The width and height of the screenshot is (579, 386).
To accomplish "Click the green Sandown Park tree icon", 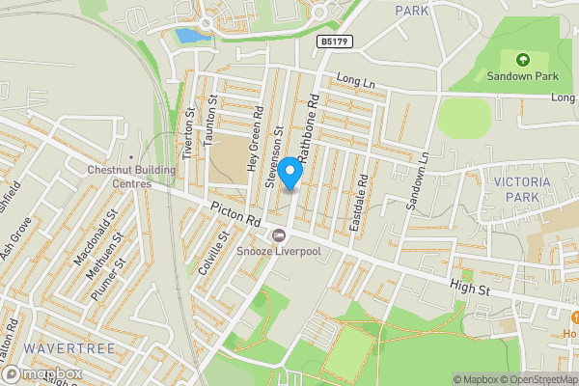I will coord(522,59).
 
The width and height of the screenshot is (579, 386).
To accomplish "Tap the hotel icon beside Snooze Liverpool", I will coord(279,235).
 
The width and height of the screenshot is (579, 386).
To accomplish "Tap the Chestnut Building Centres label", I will coord(119,176).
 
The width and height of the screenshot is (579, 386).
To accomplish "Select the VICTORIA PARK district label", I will coord(521,188).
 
